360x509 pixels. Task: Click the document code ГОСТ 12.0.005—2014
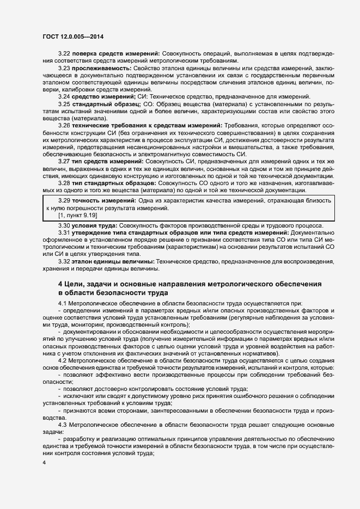point(72,37)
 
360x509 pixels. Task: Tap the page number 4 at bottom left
point(44,462)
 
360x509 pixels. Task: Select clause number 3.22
point(64,53)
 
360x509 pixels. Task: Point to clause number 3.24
point(64,96)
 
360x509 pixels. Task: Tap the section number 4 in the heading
point(60,284)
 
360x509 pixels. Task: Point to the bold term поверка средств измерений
point(116,53)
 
